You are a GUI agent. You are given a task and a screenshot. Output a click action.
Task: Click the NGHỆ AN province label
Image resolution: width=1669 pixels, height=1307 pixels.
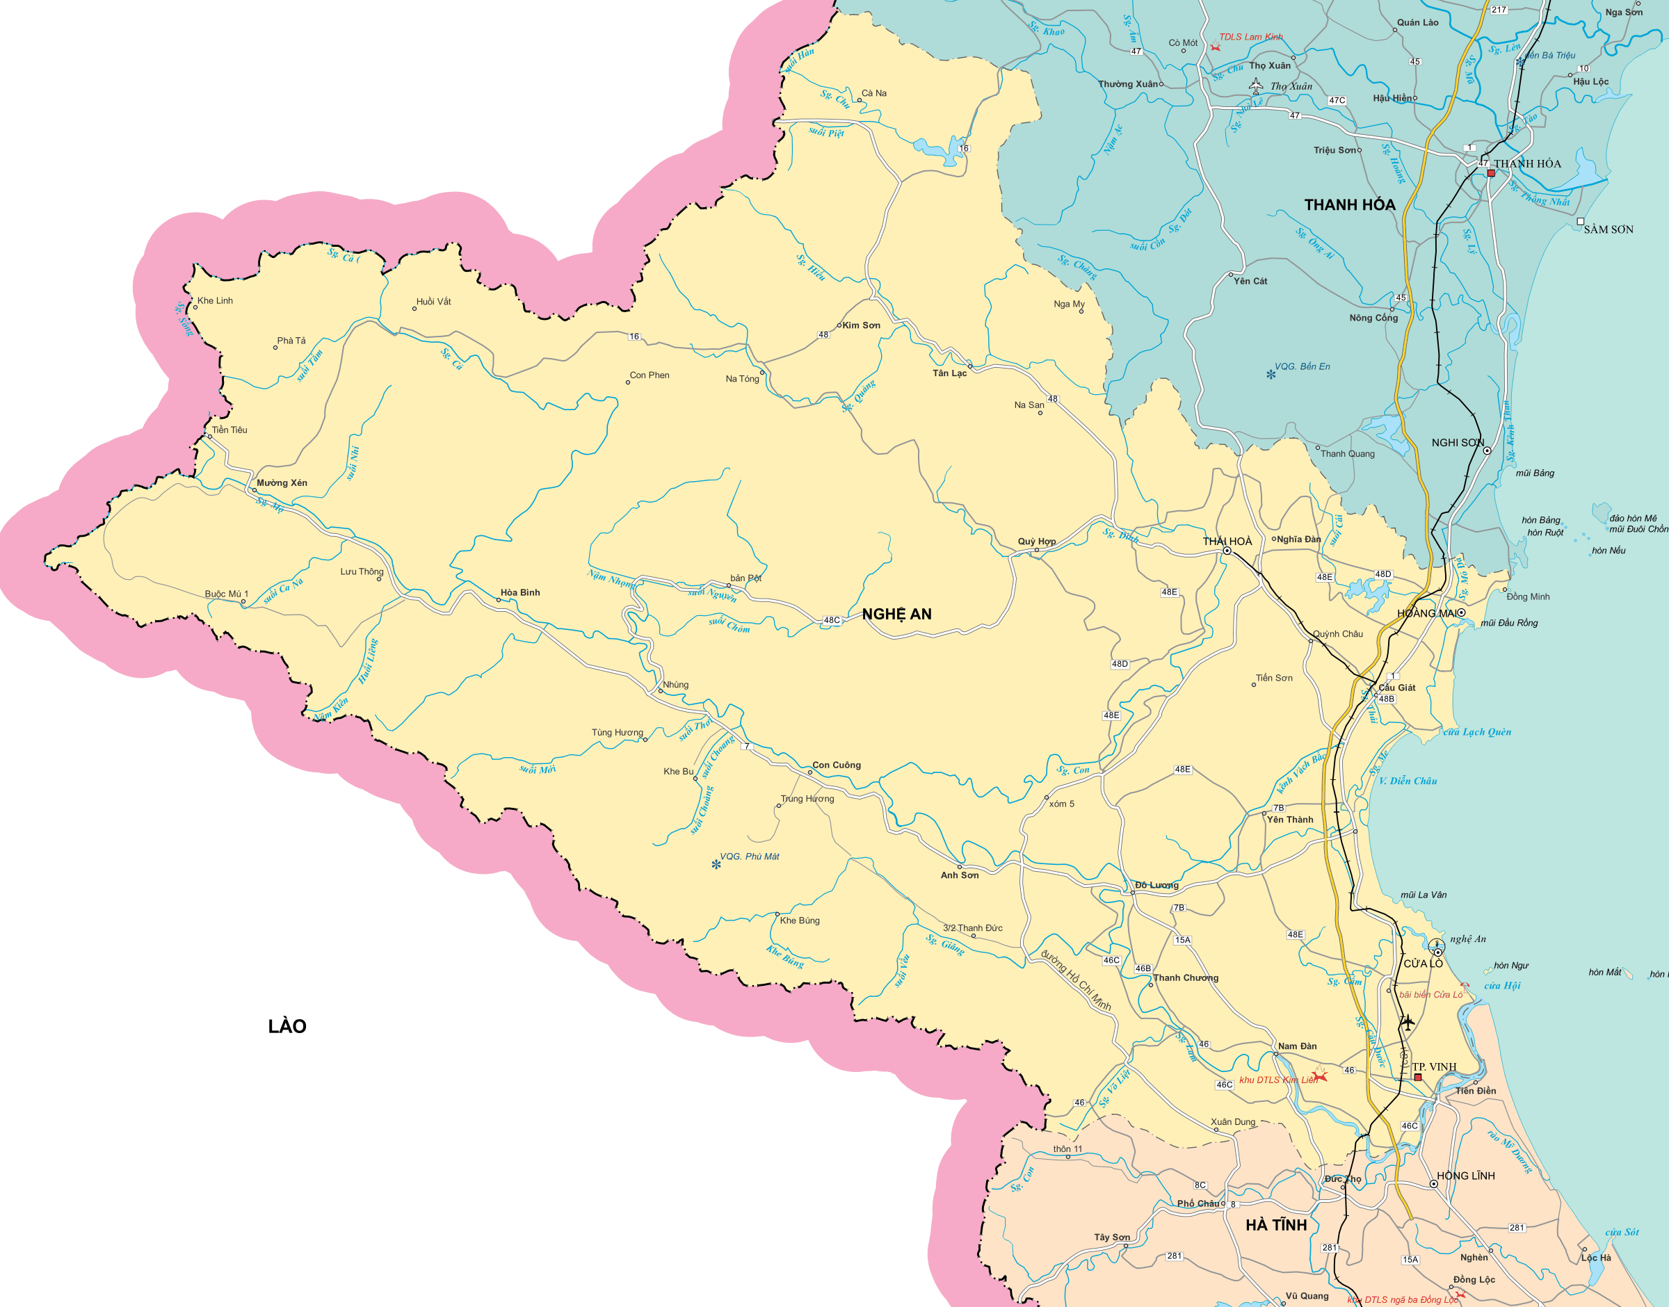pyautogui.click(x=896, y=614)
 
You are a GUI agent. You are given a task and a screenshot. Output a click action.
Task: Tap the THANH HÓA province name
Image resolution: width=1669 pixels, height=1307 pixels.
pyautogui.click(x=1349, y=204)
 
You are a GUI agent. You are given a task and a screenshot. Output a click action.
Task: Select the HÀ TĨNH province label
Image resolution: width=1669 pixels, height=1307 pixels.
pyautogui.click(x=1275, y=1225)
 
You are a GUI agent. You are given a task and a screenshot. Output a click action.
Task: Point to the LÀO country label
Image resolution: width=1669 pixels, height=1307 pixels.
pyautogui.click(x=287, y=1026)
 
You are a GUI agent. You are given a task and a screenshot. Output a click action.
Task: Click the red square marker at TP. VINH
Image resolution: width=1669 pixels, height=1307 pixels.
pyautogui.click(x=1417, y=1078)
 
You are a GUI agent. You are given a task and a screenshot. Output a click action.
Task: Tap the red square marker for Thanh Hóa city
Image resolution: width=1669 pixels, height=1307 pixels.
pyautogui.click(x=1491, y=174)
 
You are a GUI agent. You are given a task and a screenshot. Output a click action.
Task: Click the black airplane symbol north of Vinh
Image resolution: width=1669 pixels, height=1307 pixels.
pyautogui.click(x=1407, y=1023)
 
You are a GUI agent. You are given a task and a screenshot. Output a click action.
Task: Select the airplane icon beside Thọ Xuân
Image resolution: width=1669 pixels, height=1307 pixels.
pyautogui.click(x=1256, y=86)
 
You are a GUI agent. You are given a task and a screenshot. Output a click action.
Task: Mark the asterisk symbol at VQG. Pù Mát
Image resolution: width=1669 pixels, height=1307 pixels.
pyautogui.click(x=716, y=865)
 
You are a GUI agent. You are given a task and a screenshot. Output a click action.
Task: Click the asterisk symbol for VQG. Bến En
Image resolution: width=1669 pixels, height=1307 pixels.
pyautogui.click(x=1271, y=374)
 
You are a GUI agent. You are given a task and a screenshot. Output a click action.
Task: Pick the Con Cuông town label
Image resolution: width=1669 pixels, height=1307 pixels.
pyautogui.click(x=837, y=765)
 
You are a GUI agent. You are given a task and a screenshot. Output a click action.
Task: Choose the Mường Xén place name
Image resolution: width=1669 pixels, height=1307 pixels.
pyautogui.click(x=282, y=483)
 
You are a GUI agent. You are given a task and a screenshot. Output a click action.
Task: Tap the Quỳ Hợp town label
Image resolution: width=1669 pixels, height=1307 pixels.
pyautogui.click(x=1036, y=541)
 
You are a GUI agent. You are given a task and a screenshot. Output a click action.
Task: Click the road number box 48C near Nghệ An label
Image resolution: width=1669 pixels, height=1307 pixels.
pyautogui.click(x=832, y=620)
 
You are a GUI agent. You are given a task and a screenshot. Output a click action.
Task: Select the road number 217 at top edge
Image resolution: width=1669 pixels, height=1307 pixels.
pyautogui.click(x=1499, y=10)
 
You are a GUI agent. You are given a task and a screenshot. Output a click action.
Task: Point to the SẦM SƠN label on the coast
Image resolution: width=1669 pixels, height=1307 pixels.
pyautogui.click(x=1608, y=229)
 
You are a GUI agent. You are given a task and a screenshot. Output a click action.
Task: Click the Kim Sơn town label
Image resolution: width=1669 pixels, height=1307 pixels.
pyautogui.click(x=861, y=325)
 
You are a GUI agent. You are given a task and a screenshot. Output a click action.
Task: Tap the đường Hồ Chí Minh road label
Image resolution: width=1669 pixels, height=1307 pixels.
pyautogui.click(x=1075, y=980)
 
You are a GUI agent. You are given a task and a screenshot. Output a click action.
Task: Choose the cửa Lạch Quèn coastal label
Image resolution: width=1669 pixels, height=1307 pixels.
pyautogui.click(x=1477, y=731)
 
